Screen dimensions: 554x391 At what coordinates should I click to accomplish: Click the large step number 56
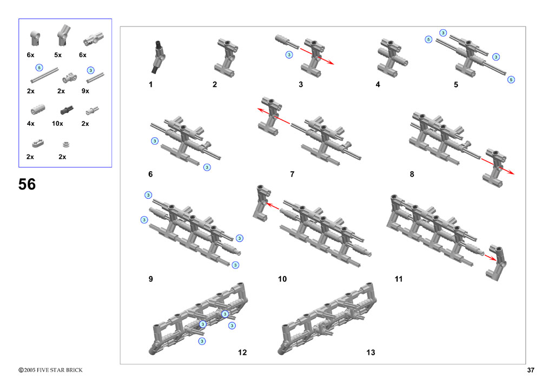point(27,184)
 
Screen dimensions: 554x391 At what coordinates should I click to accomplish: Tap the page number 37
point(531,370)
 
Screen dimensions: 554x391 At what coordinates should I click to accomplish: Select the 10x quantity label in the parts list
point(57,123)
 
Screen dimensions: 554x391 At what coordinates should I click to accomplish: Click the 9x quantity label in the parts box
point(85,91)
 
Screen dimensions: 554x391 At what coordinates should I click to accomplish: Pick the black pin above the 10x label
point(67,110)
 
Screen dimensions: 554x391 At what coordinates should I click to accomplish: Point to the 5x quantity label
point(58,55)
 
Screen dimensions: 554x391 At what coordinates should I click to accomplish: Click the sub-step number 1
point(151,85)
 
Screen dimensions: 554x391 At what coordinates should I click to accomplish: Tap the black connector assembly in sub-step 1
point(159,57)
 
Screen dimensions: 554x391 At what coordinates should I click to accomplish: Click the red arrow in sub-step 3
point(317,56)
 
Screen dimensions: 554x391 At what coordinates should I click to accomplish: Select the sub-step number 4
point(378,85)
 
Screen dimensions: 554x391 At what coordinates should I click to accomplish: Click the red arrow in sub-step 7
point(273,116)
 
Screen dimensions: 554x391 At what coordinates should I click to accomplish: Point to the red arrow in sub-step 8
point(498,166)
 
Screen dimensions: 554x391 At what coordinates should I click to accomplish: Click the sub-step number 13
point(371,352)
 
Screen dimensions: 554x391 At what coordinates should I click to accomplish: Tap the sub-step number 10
point(282,279)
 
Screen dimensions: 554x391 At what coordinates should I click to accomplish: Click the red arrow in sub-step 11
point(490,258)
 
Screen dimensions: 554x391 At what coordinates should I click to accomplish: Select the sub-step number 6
point(150,174)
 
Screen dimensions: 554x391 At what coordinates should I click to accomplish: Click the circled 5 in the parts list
point(39,68)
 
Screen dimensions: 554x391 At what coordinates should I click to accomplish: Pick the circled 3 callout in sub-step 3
point(289,55)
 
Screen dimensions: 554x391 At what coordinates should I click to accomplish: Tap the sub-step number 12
point(242,352)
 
